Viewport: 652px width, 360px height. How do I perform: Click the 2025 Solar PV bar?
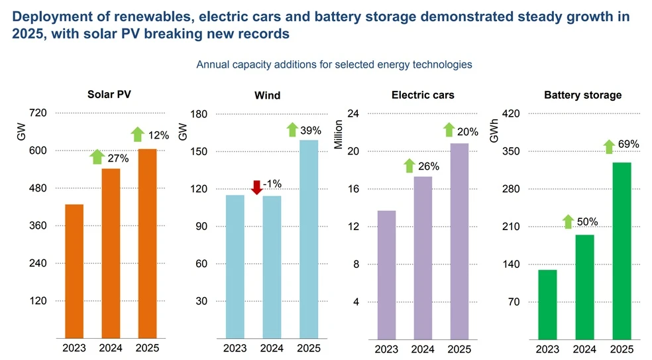pyautogui.click(x=148, y=243)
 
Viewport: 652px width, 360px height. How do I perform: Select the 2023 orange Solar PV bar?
pyautogui.click(x=74, y=271)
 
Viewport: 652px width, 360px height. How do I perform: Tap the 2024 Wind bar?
pyautogui.click(x=272, y=267)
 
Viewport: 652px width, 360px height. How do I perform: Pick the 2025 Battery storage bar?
pyautogui.click(x=622, y=251)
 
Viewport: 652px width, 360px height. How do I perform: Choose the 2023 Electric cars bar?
pyautogui.click(x=387, y=275)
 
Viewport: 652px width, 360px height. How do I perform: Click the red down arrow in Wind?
pyautogui.click(x=257, y=187)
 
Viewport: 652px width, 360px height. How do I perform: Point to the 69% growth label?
pyautogui.click(x=628, y=144)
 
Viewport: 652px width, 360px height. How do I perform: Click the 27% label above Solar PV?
pyautogui.click(x=118, y=158)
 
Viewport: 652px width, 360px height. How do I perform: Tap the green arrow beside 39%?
pyautogui.click(x=292, y=129)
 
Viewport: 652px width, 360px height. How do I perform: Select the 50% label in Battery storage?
pyautogui.click(x=587, y=222)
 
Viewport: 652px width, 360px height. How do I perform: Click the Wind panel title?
pyautogui.click(x=268, y=95)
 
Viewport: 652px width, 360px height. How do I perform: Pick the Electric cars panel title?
pyautogui.click(x=423, y=95)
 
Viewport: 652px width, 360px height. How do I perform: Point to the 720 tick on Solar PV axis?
pyautogui.click(x=38, y=113)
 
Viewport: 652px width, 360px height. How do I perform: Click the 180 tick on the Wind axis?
pyautogui.click(x=199, y=114)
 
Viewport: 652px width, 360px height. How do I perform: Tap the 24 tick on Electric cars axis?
pyautogui.click(x=353, y=113)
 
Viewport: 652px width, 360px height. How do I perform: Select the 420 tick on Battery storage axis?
pyautogui.click(x=511, y=113)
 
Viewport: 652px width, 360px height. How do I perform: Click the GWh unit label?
pyautogui.click(x=494, y=131)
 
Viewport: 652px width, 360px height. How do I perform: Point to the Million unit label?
pyautogui.click(x=338, y=135)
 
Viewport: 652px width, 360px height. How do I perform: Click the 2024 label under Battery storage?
pyautogui.click(x=584, y=349)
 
